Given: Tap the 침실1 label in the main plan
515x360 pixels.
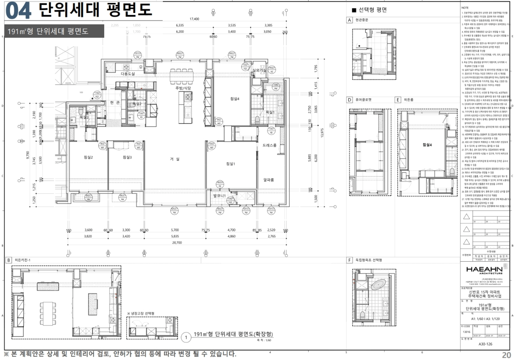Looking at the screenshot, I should [230, 164].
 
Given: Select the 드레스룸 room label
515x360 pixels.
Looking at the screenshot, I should [270, 145].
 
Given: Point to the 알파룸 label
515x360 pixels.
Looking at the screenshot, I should [268, 180].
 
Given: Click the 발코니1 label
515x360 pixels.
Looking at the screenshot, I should [219, 195].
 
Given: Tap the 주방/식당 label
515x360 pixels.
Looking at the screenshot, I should [183, 88].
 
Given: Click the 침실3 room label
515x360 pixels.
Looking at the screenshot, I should [127, 157].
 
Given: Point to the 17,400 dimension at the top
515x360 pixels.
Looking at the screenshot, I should [195, 19].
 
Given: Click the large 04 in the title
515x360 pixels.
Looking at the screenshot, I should [18, 12].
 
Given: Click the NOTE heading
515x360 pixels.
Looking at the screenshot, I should [465, 8].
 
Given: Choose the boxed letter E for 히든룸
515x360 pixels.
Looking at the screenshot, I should [398, 100].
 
